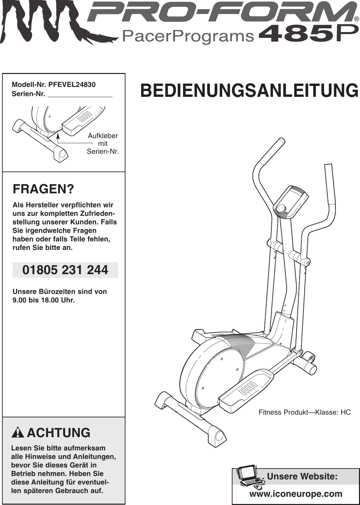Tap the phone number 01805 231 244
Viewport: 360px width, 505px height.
pyautogui.click(x=65, y=270)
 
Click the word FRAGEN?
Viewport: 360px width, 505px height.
pyautogui.click(x=43, y=189)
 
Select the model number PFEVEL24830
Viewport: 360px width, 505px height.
pyautogui.click(x=72, y=85)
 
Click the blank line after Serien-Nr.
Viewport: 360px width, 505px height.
pyautogui.click(x=80, y=94)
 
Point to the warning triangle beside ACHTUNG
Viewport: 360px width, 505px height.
pyautogui.click(x=17, y=433)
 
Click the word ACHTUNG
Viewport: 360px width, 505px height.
pyautogui.click(x=58, y=433)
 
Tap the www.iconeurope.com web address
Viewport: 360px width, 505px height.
pyautogui.click(x=296, y=494)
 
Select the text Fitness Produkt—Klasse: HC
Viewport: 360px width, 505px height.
pyautogui.click(x=304, y=412)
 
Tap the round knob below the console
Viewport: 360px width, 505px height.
pyautogui.click(x=281, y=209)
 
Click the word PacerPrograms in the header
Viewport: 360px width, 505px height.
pyautogui.click(x=188, y=36)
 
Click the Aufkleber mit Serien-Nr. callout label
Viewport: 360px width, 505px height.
pyautogui.click(x=103, y=144)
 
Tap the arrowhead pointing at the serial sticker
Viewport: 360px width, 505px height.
pyautogui.click(x=58, y=136)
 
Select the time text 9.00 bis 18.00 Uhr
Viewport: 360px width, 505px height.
pyautogui.click(x=43, y=300)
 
